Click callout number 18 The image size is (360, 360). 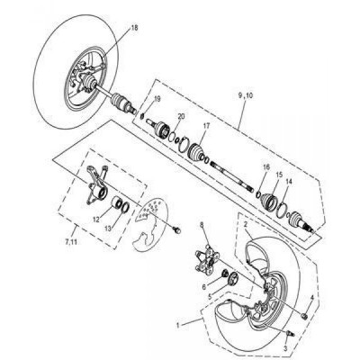134,28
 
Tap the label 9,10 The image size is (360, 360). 246,95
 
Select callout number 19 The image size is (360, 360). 157,99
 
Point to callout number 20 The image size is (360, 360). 181,116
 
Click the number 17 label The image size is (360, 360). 206,126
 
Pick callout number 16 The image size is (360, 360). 266,167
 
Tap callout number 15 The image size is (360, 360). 279,175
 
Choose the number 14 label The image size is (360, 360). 289,182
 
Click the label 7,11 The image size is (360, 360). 71,242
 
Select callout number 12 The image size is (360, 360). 95,220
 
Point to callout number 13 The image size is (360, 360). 108,229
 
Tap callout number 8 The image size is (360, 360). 202,224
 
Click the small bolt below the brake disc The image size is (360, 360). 177,230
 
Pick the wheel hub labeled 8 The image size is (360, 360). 206,258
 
